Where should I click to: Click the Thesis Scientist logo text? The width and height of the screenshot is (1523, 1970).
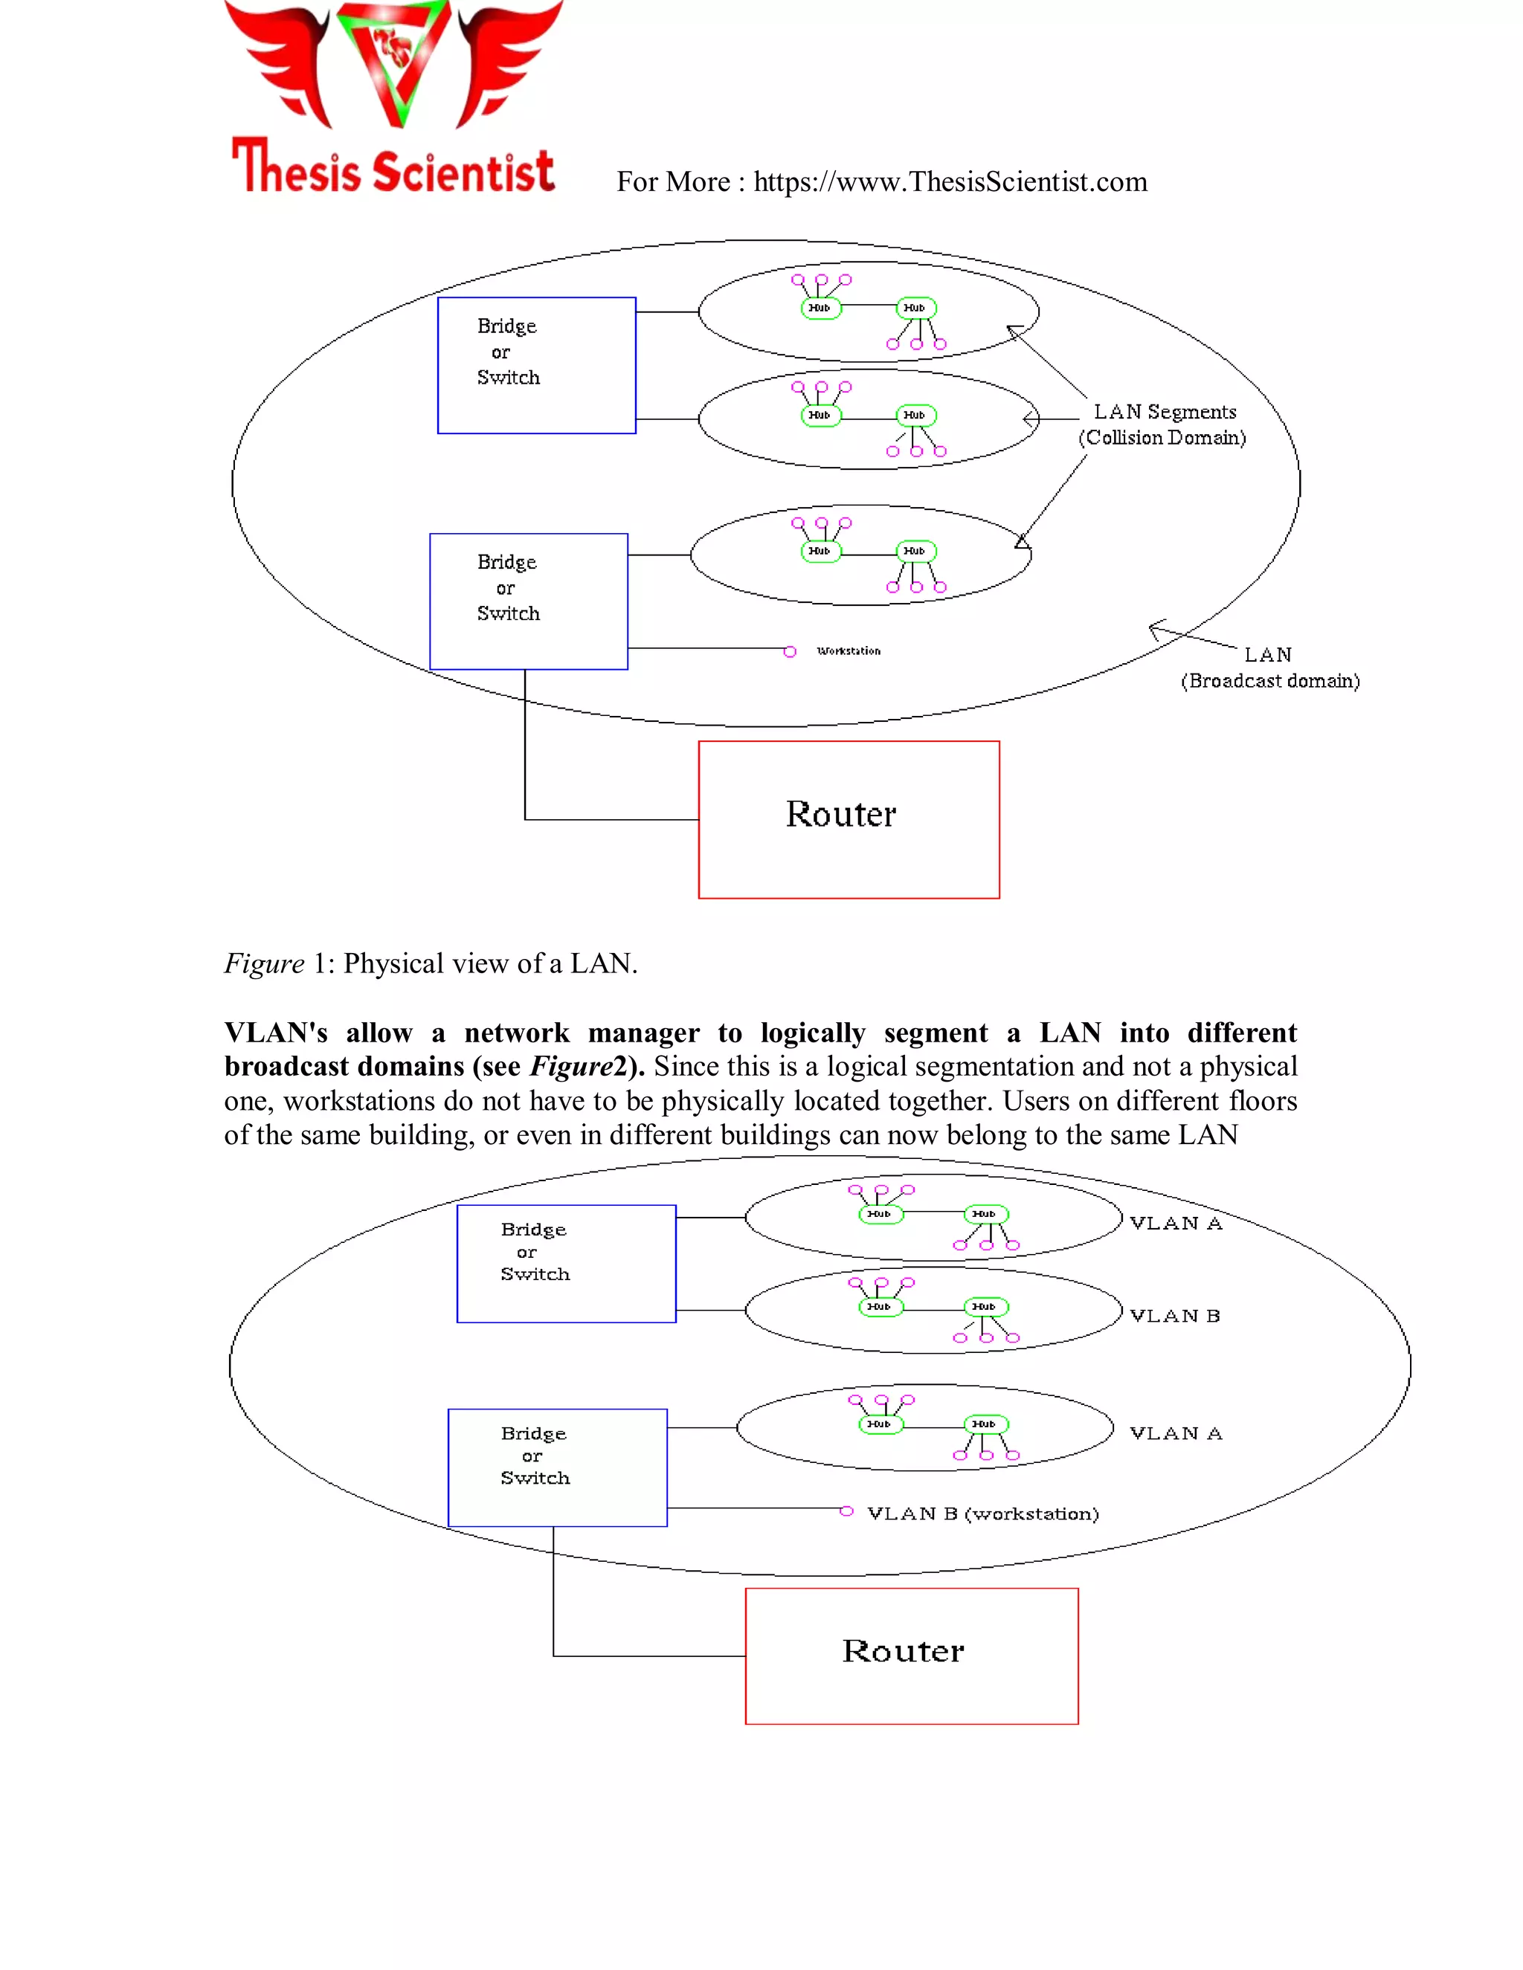[x=393, y=168]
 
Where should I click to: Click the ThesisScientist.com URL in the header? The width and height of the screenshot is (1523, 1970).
[x=950, y=182]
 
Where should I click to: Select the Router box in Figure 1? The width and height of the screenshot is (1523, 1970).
[x=848, y=819]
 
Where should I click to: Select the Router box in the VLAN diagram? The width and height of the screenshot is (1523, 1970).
[x=911, y=1656]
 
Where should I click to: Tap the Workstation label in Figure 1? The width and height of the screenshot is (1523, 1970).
[x=848, y=651]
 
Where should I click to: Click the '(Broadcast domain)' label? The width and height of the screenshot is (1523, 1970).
[x=1269, y=681]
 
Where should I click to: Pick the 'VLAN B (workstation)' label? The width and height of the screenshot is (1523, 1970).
[x=982, y=1514]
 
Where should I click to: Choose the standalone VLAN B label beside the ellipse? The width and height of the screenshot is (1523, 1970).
[x=1175, y=1316]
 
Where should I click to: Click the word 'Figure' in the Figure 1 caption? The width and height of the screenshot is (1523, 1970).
[x=263, y=964]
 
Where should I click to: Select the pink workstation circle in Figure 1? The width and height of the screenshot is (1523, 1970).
[x=790, y=651]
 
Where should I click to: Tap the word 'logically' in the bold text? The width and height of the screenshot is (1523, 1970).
[x=812, y=1033]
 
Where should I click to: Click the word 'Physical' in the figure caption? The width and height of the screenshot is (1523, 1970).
[x=393, y=964]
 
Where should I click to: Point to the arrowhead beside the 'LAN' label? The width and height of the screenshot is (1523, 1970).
[x=1156, y=629]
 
